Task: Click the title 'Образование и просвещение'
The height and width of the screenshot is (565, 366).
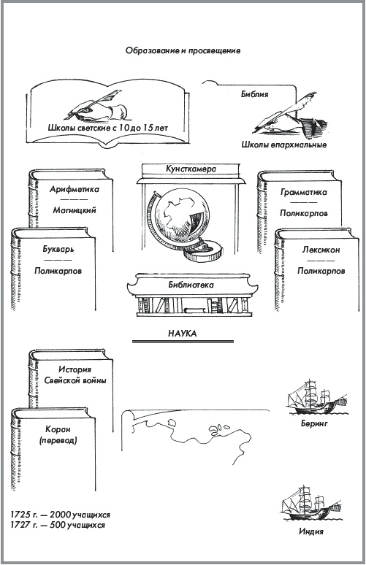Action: (x=183, y=51)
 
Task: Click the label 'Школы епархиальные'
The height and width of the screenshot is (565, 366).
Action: (x=283, y=145)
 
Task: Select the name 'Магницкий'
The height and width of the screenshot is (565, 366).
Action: (x=74, y=210)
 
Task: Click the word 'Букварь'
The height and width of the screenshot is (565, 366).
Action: (x=58, y=248)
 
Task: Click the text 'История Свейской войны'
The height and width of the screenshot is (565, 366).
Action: (x=74, y=375)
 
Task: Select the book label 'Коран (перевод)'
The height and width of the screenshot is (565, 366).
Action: (x=59, y=434)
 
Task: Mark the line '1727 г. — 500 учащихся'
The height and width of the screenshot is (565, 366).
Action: (x=58, y=524)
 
